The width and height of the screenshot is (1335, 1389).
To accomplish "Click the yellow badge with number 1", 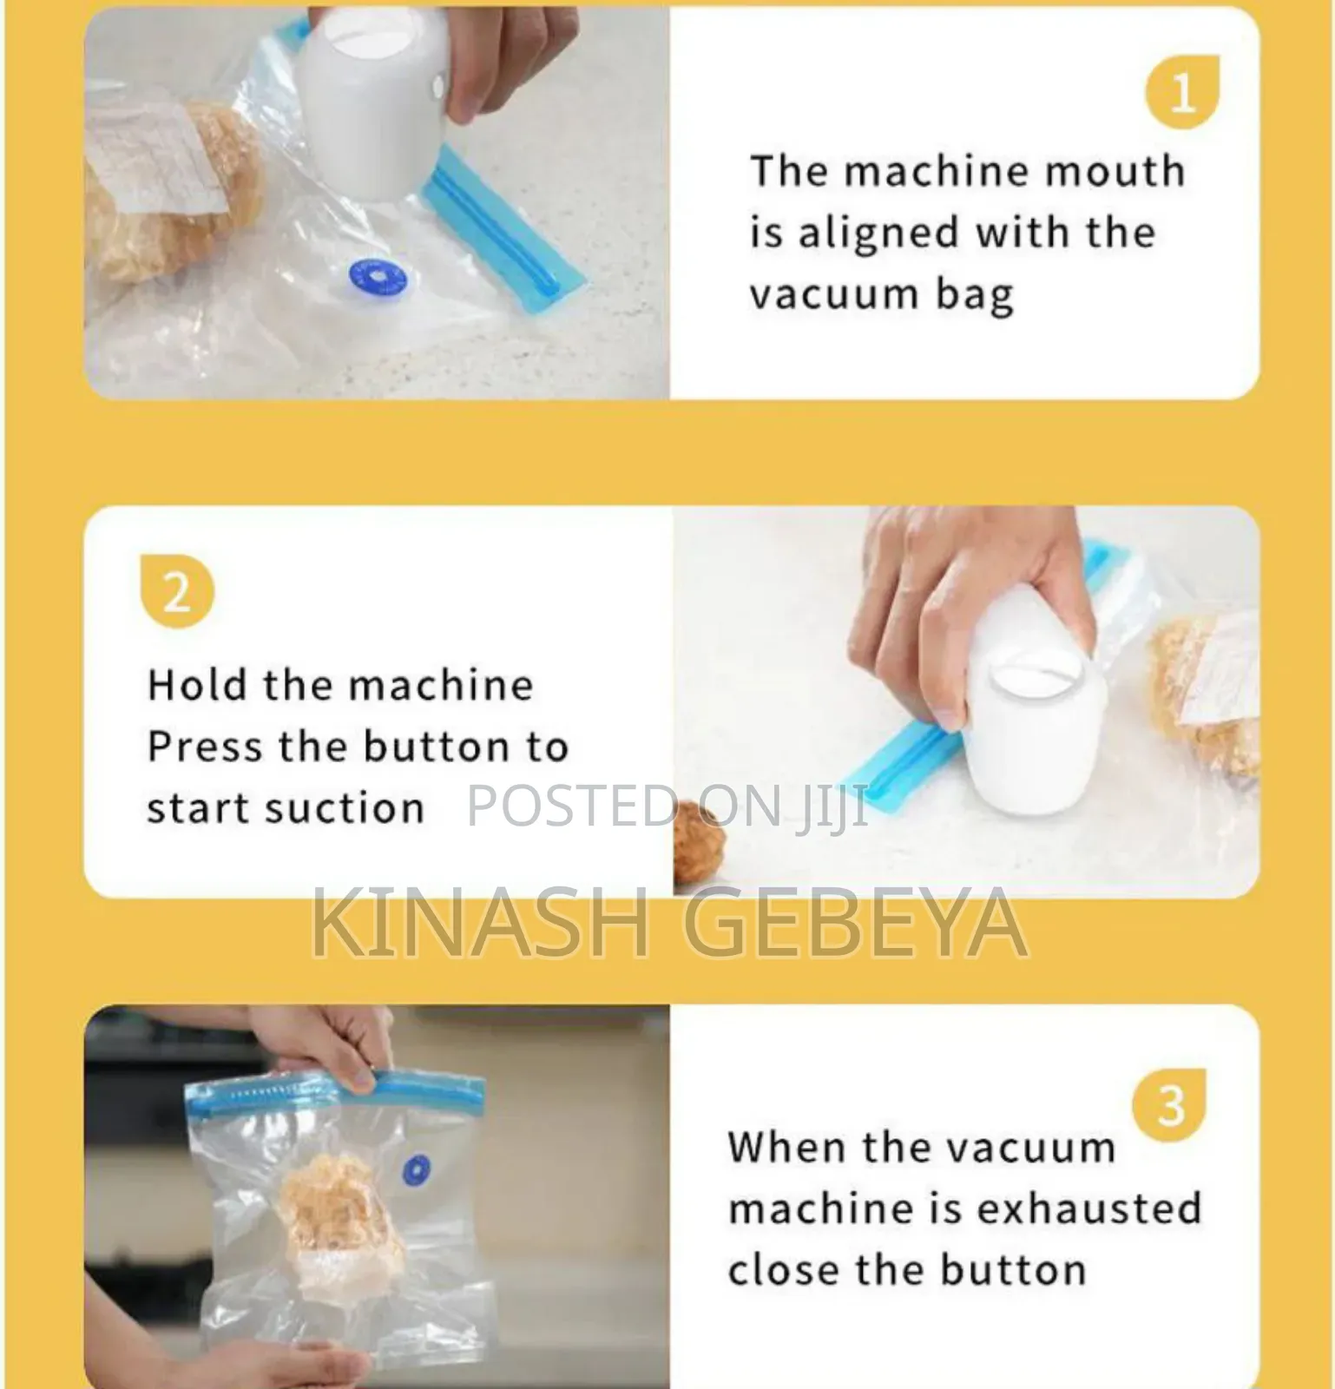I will [x=1181, y=92].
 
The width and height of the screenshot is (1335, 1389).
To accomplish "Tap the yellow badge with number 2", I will [x=177, y=592].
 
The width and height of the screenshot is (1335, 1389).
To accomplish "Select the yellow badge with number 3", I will [x=1169, y=1105].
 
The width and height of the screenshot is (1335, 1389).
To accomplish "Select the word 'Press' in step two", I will [x=205, y=747].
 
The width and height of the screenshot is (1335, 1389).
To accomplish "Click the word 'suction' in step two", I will [x=345, y=809].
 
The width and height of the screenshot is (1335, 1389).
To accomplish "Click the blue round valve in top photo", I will [x=377, y=277].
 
